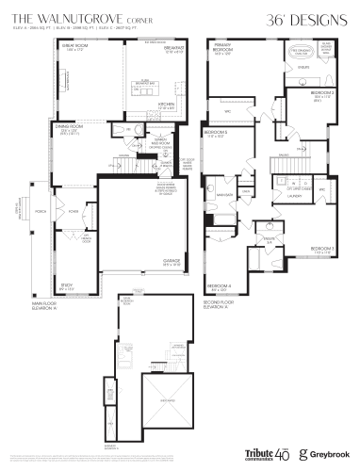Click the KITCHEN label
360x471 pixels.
(167, 105)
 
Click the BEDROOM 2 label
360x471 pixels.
(322, 93)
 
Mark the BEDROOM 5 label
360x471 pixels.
(217, 134)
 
